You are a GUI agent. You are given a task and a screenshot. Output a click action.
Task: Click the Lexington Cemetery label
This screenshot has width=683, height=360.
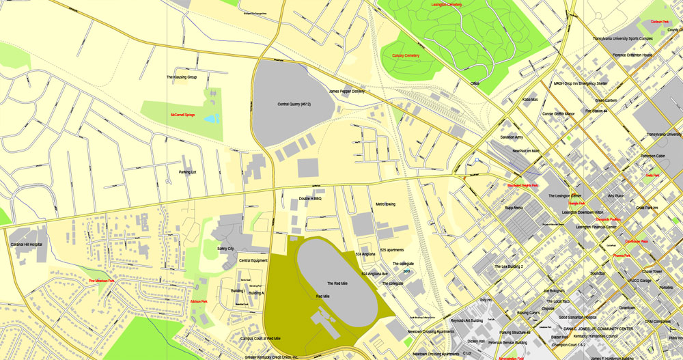[x=447, y=5]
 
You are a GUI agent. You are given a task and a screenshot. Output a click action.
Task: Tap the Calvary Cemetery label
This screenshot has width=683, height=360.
[x=405, y=55]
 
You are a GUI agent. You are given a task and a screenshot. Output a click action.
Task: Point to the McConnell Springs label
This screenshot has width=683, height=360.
[x=182, y=115]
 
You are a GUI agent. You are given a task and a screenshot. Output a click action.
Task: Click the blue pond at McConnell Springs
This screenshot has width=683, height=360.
[x=212, y=119]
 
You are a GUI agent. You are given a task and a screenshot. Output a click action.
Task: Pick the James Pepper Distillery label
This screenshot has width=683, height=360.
[x=347, y=91]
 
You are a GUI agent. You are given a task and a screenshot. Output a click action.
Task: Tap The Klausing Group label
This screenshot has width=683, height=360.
[x=182, y=77]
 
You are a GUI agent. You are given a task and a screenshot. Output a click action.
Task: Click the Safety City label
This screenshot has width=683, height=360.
[x=225, y=249]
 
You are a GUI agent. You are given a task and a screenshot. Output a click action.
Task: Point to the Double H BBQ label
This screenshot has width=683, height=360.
[x=309, y=198]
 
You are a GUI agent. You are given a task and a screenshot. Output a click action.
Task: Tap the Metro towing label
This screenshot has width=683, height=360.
[x=385, y=204]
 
